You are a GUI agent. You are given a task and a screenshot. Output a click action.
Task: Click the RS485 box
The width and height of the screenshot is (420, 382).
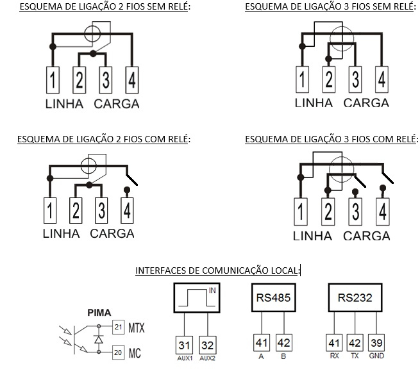pyautogui.click(x=274, y=297)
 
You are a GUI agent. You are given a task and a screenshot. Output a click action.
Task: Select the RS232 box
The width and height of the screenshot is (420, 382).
pyautogui.click(x=355, y=297)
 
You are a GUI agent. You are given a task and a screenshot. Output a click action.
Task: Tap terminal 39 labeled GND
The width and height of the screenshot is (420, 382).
pyautogui.click(x=376, y=343)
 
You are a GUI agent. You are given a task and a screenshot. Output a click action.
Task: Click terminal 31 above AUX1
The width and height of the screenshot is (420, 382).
pyautogui.click(x=184, y=345)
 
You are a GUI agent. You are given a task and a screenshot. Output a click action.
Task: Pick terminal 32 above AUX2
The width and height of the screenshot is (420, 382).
pyautogui.click(x=208, y=345)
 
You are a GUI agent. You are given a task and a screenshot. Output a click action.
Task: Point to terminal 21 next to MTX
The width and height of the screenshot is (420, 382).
pyautogui.click(x=119, y=327)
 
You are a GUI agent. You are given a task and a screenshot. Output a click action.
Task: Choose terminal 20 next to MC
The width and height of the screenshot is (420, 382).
pyautogui.click(x=119, y=353)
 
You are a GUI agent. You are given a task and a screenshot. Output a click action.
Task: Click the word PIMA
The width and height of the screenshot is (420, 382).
pyautogui.click(x=99, y=313)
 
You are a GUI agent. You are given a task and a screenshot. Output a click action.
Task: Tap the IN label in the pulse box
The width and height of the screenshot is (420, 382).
pyautogui.click(x=212, y=290)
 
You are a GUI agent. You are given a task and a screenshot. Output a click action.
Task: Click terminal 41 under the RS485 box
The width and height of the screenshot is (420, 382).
pyautogui.click(x=262, y=343)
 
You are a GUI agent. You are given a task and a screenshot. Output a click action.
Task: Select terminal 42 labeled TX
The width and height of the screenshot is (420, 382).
pyautogui.click(x=355, y=343)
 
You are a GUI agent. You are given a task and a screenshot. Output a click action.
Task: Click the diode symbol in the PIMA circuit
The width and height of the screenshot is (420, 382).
pyautogui.click(x=99, y=340)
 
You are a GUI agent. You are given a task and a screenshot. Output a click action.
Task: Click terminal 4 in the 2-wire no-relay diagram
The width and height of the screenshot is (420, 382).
pyautogui.click(x=132, y=80)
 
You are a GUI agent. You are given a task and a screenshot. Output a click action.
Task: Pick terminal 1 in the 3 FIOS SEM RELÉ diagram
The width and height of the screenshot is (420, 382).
pyautogui.click(x=302, y=79)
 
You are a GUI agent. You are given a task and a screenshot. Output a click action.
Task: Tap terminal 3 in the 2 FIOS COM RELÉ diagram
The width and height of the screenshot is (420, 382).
pyautogui.click(x=101, y=210)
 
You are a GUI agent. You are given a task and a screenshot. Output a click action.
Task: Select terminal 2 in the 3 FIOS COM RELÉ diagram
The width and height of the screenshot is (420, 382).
pyautogui.click(x=328, y=212)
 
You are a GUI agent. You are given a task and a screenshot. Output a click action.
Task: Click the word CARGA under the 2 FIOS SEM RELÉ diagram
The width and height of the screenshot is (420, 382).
pyautogui.click(x=117, y=104)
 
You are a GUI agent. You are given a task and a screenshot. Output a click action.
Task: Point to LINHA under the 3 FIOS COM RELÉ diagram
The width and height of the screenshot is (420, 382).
pyautogui.click(x=312, y=236)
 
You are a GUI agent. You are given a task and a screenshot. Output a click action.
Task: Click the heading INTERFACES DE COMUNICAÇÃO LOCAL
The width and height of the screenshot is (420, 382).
pyautogui.click(x=217, y=270)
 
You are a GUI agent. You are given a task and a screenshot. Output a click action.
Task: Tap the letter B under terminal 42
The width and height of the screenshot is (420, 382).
pyautogui.click(x=283, y=356)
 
